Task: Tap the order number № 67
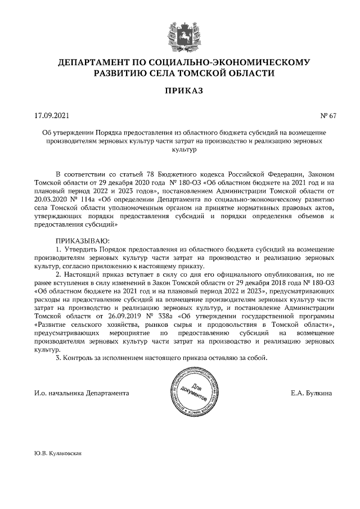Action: pyautogui.click(x=328, y=116)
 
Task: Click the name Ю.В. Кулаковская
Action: pyautogui.click(x=58, y=452)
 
